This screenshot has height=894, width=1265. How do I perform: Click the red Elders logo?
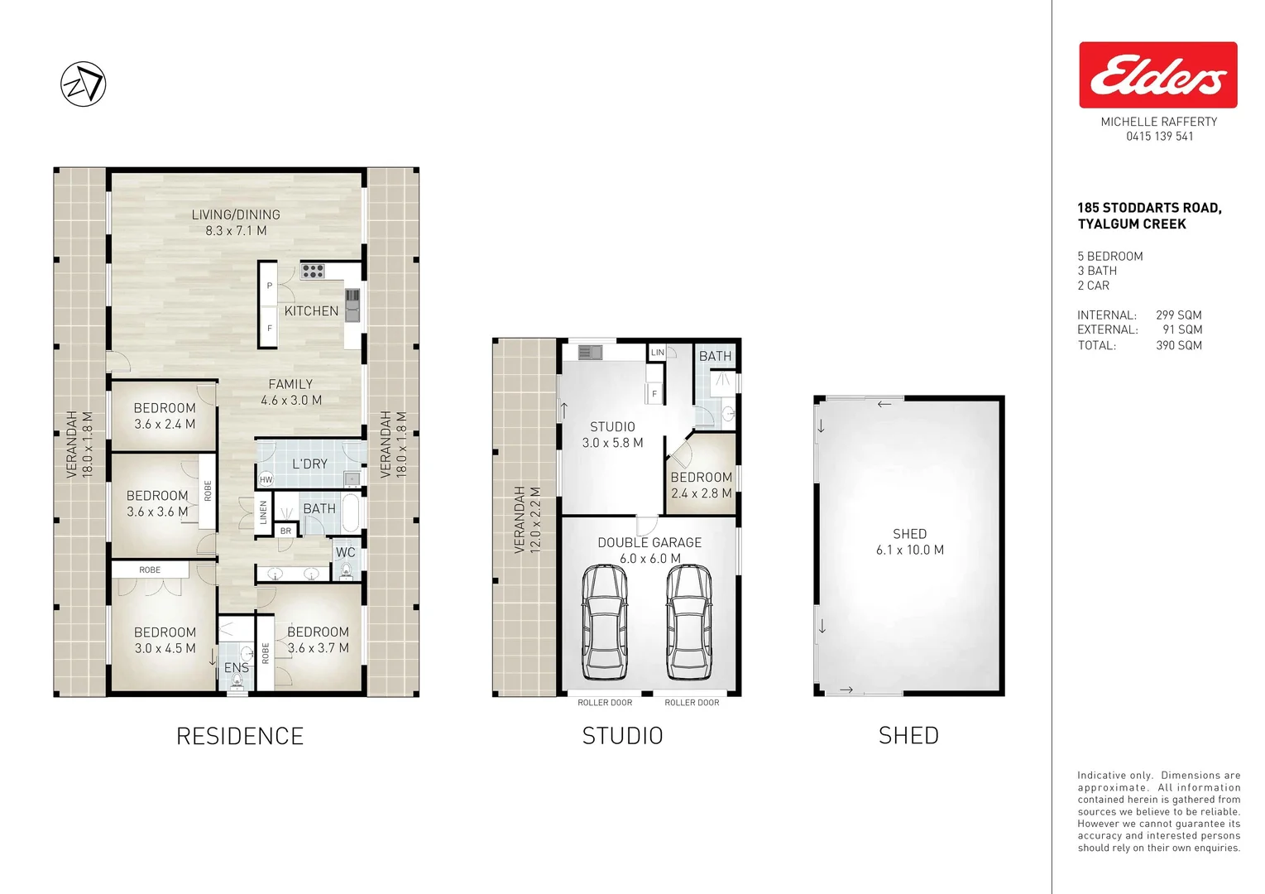coord(1157,75)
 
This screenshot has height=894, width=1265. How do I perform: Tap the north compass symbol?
coord(84,84)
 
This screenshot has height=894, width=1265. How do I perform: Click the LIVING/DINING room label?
coord(236,222)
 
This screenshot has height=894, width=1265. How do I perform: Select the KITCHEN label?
coord(311,311)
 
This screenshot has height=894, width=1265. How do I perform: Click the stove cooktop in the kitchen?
coord(313,270)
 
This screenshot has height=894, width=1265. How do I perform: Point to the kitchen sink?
coord(352,304)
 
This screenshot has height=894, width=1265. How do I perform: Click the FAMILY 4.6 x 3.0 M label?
coord(291,392)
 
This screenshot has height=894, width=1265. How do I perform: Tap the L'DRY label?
coord(309,464)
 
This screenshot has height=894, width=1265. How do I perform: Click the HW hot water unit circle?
coord(266,479)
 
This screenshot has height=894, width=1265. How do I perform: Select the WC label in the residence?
coord(345,553)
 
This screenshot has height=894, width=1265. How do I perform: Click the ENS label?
coord(236,667)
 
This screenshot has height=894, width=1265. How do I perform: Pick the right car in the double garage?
coord(689,620)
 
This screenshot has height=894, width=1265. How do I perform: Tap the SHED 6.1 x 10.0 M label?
coord(909,541)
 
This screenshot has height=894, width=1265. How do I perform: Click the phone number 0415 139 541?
coord(1159,137)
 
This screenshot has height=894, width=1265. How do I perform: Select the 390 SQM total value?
coord(1178,345)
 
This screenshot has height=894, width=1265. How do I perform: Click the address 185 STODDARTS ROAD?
coord(1149,208)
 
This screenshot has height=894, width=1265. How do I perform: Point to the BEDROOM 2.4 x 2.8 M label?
coord(701,485)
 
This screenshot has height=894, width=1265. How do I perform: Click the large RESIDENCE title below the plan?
coord(240,736)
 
